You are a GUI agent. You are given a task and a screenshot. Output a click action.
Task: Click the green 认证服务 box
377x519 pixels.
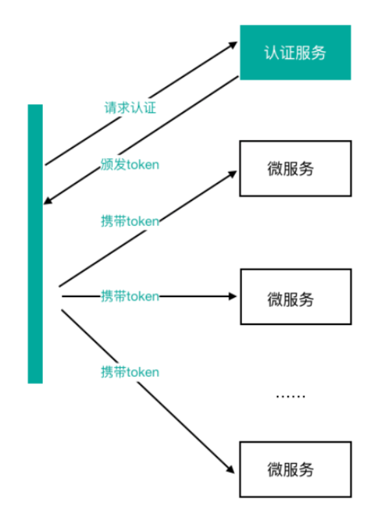pos(295,53)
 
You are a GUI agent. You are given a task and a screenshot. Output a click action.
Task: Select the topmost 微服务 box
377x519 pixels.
pos(295,168)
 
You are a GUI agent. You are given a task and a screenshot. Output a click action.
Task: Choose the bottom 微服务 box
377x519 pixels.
pos(295,469)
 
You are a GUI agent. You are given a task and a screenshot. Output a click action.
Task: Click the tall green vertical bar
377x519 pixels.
pos(35,243)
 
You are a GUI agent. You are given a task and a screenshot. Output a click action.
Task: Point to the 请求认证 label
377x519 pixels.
pos(130,108)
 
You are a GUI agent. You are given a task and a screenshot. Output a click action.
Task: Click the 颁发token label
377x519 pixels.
pos(130,164)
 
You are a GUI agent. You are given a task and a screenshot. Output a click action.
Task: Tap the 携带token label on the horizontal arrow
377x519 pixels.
pos(130,296)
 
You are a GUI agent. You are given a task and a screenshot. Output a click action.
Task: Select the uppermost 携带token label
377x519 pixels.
pos(130,221)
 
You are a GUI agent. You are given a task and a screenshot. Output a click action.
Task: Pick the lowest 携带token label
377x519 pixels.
pos(130,372)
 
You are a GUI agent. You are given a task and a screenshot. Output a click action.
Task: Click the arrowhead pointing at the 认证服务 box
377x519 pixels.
pos(234,44)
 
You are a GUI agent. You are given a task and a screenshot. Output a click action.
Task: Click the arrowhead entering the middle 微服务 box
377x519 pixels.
pos(234,296)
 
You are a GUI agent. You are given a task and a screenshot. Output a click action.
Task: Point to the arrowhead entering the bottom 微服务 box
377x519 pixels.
pos(229,470)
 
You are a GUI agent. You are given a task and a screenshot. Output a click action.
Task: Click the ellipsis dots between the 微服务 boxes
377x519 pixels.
pos(290,396)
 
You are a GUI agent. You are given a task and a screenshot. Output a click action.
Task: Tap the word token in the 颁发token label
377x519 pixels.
pos(143,165)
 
